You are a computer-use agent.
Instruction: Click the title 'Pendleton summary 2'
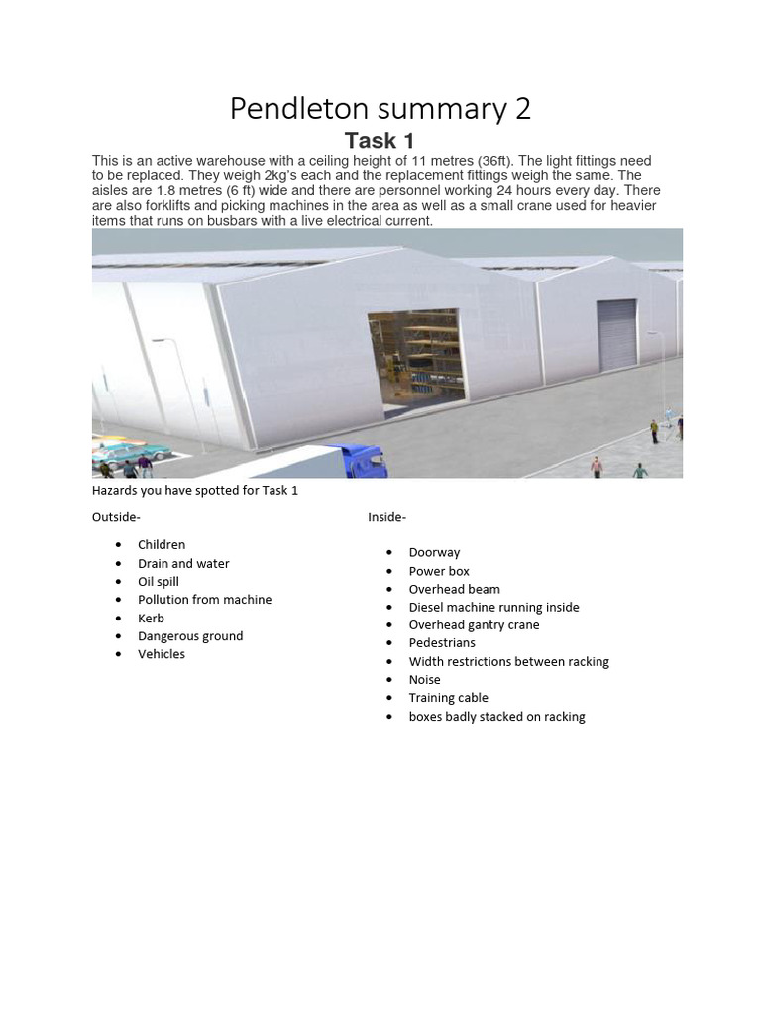(380, 108)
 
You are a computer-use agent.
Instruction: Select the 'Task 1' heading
(380, 141)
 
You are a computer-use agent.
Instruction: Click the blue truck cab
(363, 460)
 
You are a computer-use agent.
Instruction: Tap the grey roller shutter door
(616, 335)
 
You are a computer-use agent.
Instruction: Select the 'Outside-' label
(116, 517)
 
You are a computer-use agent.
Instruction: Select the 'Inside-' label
(386, 517)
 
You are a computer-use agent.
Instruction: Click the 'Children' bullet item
(162, 545)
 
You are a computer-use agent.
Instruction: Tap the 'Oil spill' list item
(159, 582)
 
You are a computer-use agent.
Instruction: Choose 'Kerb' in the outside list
(151, 618)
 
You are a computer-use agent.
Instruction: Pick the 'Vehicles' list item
(162, 654)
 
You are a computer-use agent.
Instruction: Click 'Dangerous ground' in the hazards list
(190, 636)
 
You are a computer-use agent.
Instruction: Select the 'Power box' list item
(439, 571)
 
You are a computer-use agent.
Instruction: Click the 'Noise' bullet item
(424, 680)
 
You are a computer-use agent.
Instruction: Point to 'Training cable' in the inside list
(448, 698)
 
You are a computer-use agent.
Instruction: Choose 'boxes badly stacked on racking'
(496, 717)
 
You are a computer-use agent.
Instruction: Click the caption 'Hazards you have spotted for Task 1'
(195, 491)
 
